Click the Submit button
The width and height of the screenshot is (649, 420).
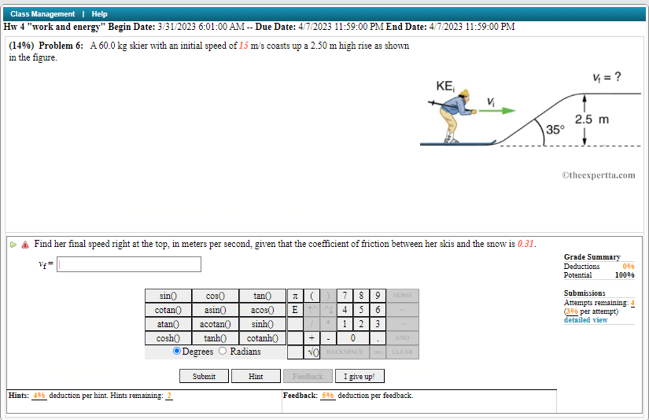pyautogui.click(x=204, y=376)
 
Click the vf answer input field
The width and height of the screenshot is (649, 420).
pyautogui.click(x=129, y=264)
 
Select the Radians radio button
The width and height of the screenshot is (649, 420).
pyautogui.click(x=223, y=352)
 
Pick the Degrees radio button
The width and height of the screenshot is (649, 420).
pyautogui.click(x=176, y=352)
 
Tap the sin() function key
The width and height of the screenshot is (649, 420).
pyautogui.click(x=168, y=296)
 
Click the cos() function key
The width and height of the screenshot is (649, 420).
pyautogui.click(x=215, y=296)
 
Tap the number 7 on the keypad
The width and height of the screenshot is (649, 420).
pyautogui.click(x=345, y=296)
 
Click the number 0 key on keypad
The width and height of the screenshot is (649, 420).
pyautogui.click(x=353, y=337)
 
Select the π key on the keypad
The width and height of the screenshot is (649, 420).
pyautogui.click(x=295, y=296)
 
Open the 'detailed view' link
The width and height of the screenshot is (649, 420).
pyautogui.click(x=585, y=320)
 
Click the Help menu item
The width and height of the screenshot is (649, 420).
pyautogui.click(x=99, y=14)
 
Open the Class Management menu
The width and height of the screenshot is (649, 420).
pyautogui.click(x=42, y=14)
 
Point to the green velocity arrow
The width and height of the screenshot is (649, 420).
pyautogui.click(x=497, y=111)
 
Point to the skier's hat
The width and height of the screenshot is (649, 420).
pyautogui.click(x=464, y=94)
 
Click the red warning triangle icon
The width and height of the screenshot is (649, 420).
pyautogui.click(x=25, y=245)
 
